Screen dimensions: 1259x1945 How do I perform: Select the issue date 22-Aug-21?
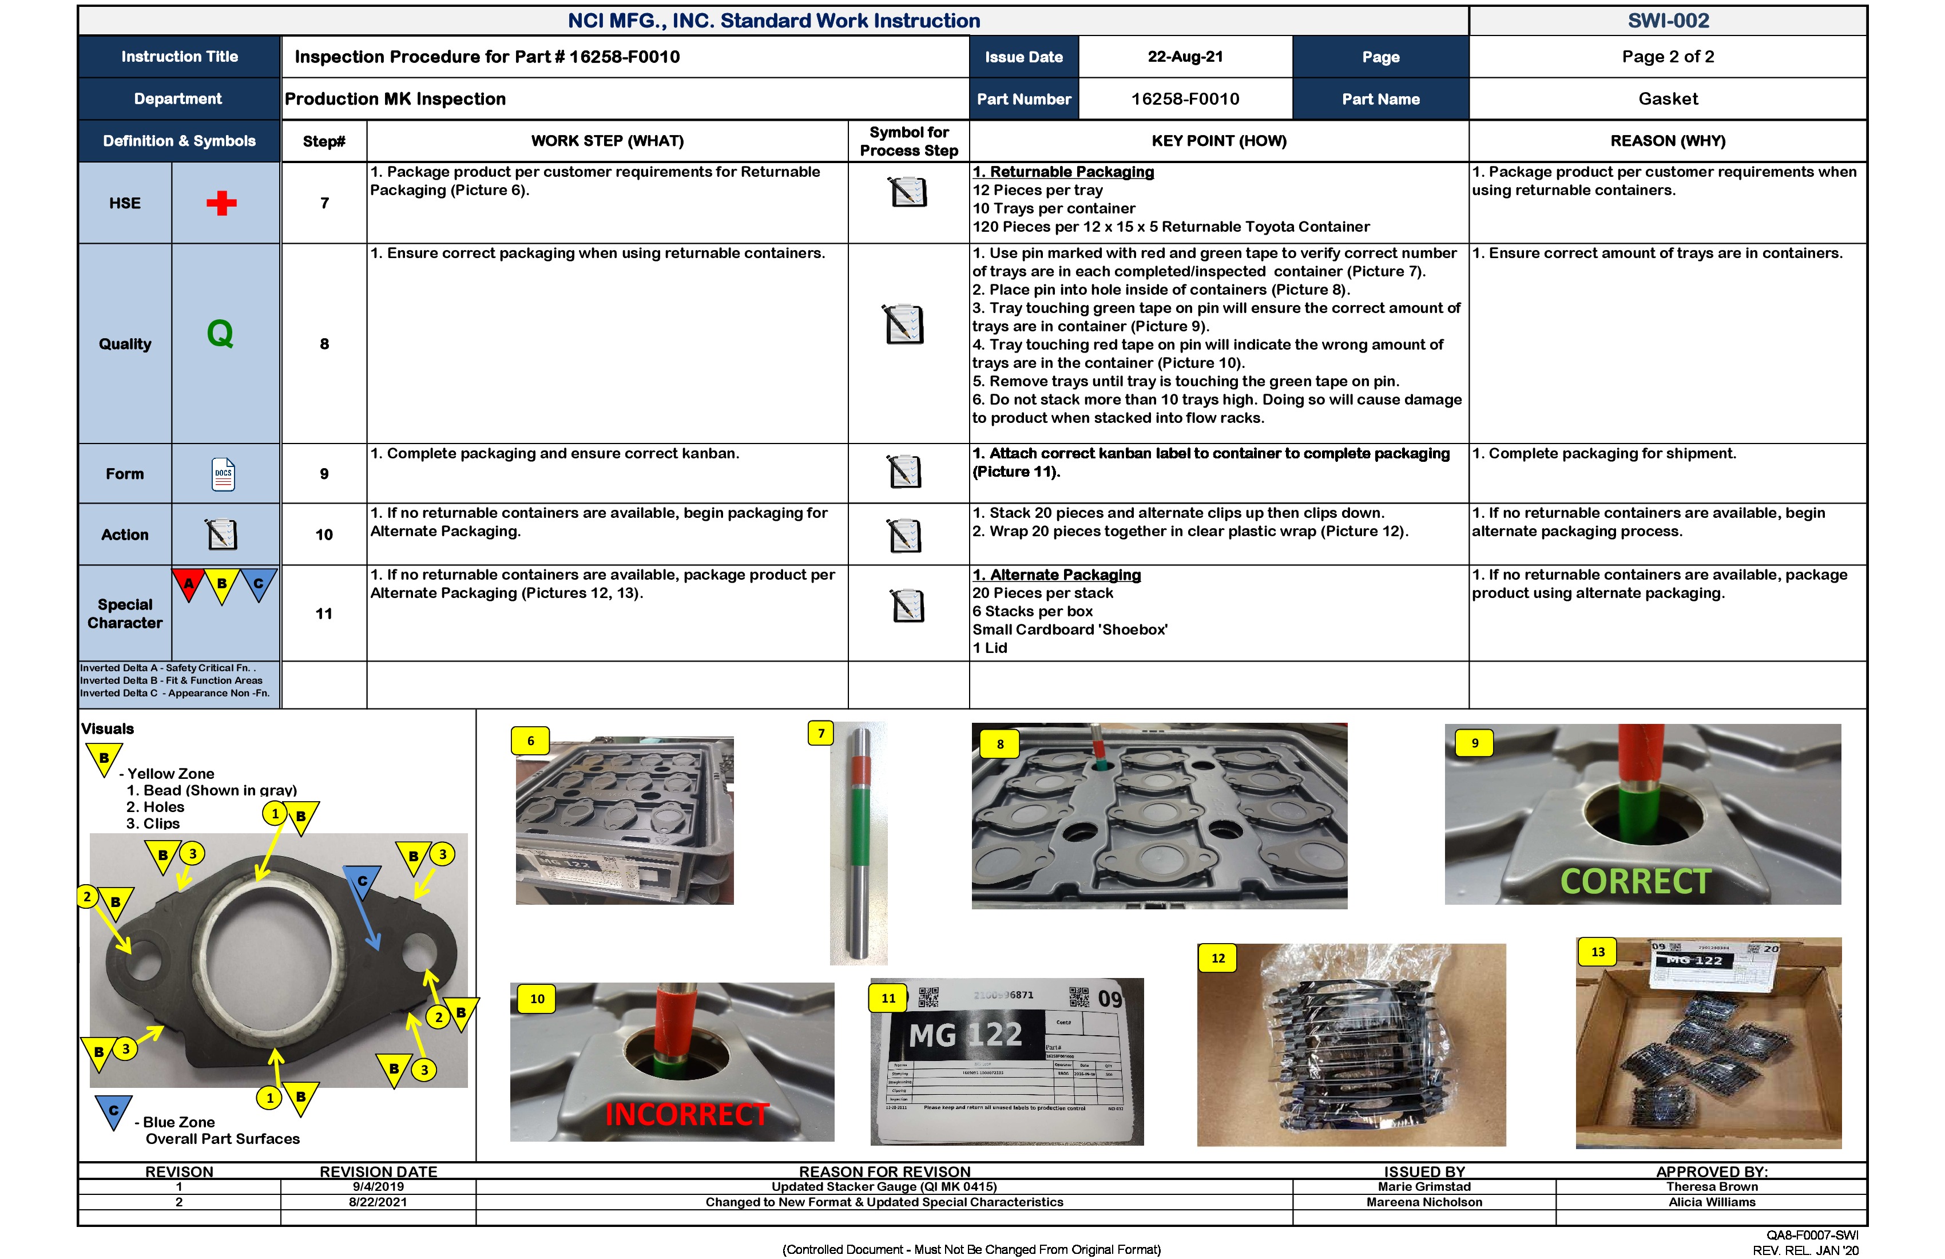coord(1185,57)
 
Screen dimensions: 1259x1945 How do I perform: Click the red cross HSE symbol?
coord(221,203)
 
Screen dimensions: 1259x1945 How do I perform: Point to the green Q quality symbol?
coord(220,334)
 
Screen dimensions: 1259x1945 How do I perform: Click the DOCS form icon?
coord(223,474)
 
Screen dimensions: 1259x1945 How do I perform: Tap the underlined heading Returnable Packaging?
coord(1063,172)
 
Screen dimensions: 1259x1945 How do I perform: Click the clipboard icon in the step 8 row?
coord(904,324)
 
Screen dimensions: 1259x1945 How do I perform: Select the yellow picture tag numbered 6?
coord(530,741)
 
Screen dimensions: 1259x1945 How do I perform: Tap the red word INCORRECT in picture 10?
coord(686,1114)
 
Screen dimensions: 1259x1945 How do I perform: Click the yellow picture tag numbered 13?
coord(1598,952)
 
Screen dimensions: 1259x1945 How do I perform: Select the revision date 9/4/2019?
coord(378,1186)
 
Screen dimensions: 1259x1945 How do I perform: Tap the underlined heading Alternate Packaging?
coord(1057,575)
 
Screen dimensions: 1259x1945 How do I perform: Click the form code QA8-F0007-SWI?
coord(1812,1236)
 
